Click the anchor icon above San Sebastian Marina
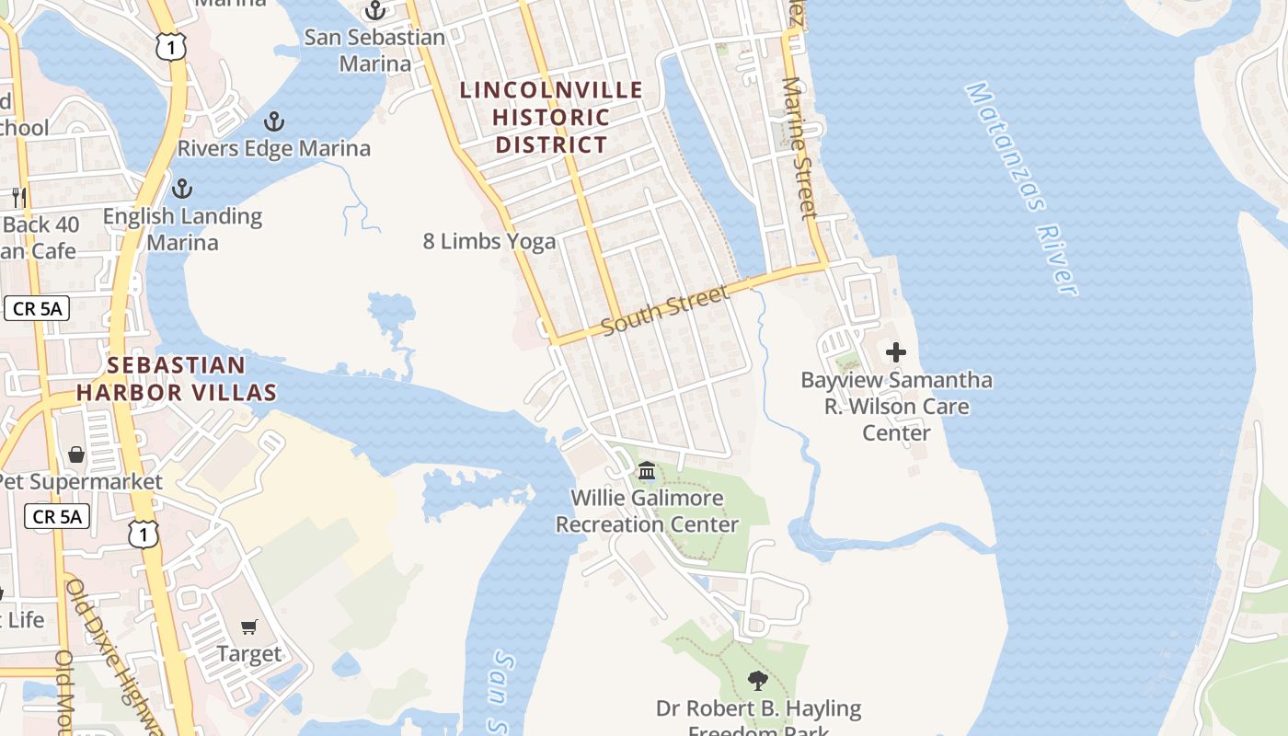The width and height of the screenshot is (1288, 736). tap(374, 11)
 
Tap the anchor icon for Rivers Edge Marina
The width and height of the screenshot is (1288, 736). tap(273, 121)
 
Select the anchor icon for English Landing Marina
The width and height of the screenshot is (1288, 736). tap(182, 189)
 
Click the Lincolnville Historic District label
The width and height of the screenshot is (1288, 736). tap(551, 117)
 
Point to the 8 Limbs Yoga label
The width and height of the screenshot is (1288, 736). tap(489, 241)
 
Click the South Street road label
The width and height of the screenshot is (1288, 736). tap(666, 310)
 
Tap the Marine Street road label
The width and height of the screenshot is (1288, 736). tap(799, 147)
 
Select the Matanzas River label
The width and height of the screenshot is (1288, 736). tap(1020, 188)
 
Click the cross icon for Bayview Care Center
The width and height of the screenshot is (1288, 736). tap(895, 352)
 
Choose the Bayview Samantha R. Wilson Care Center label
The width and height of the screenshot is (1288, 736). tap(896, 406)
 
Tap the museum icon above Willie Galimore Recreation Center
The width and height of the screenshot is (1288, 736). tap(646, 471)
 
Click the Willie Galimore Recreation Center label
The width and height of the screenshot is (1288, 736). tap(647, 511)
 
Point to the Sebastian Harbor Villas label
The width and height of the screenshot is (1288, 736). tap(176, 378)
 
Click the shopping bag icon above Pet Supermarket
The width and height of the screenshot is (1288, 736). tap(75, 454)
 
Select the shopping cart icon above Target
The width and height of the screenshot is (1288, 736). tap(248, 627)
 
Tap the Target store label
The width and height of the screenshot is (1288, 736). tap(248, 654)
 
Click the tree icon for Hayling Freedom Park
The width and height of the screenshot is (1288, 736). tap(757, 681)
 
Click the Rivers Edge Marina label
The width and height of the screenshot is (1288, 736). tap(273, 148)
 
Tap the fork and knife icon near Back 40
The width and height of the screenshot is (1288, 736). tap(18, 196)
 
